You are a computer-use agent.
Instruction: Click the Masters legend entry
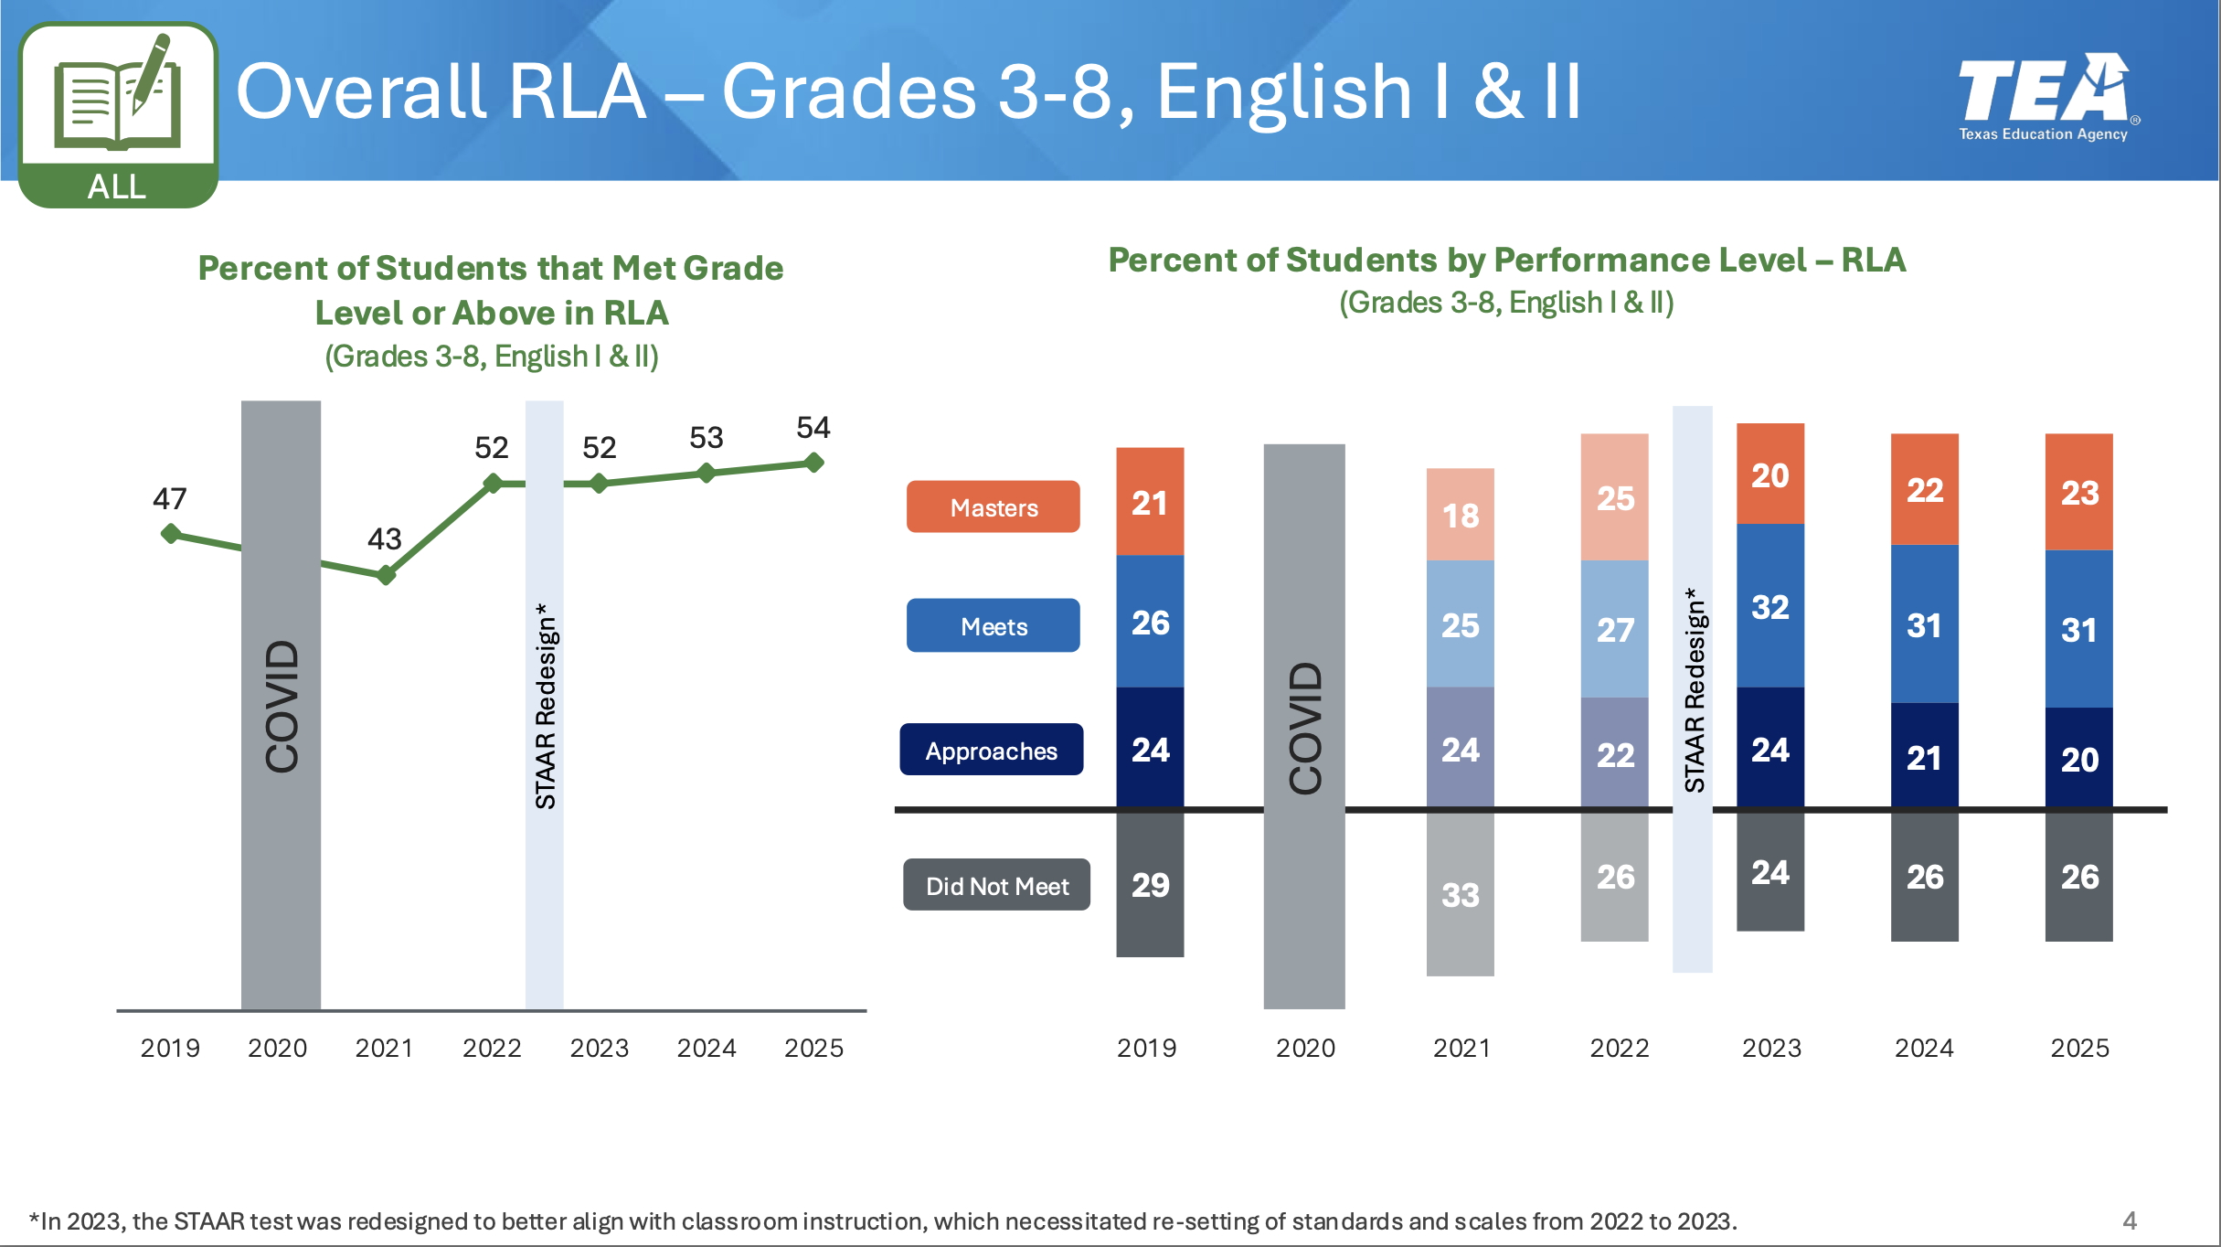(x=993, y=506)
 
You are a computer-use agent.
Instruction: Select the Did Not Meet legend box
(x=996, y=885)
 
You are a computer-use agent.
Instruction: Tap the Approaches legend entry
(x=991, y=750)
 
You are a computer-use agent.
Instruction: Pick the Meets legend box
(x=993, y=625)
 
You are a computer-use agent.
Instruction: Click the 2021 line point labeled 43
(x=387, y=575)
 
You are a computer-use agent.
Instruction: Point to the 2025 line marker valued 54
(x=814, y=463)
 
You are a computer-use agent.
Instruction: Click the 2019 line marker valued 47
(x=170, y=534)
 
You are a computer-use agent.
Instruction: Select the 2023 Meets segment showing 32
(x=1769, y=606)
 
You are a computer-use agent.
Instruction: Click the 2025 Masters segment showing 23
(x=2078, y=493)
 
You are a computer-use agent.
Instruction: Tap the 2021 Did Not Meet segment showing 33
(x=1460, y=893)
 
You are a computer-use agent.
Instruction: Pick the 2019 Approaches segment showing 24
(x=1150, y=749)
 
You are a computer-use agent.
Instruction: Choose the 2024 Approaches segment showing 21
(x=1924, y=756)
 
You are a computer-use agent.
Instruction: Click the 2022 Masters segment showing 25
(x=1614, y=497)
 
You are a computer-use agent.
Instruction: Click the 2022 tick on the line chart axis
(x=492, y=1048)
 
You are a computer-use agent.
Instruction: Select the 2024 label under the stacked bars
(x=1924, y=1048)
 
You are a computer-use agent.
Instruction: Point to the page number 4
(x=2129, y=1220)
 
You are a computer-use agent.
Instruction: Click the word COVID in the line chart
(x=282, y=705)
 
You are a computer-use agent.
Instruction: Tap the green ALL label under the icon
(x=117, y=187)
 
